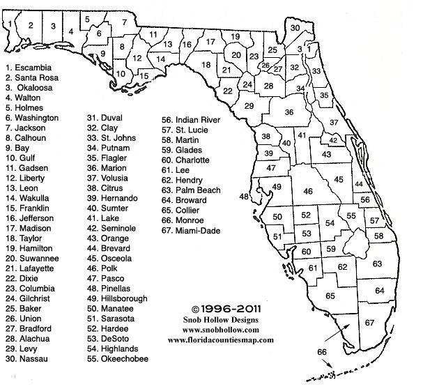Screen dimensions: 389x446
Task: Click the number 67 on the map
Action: [369, 322]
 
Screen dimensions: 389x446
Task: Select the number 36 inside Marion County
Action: [289, 112]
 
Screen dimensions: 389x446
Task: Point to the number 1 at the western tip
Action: [8, 23]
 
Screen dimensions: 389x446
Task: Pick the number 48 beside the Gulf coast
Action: [245, 197]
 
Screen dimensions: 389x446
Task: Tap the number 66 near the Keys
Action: [321, 352]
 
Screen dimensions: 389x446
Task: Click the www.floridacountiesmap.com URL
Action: [220, 340]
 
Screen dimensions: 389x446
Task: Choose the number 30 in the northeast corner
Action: [295, 28]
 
